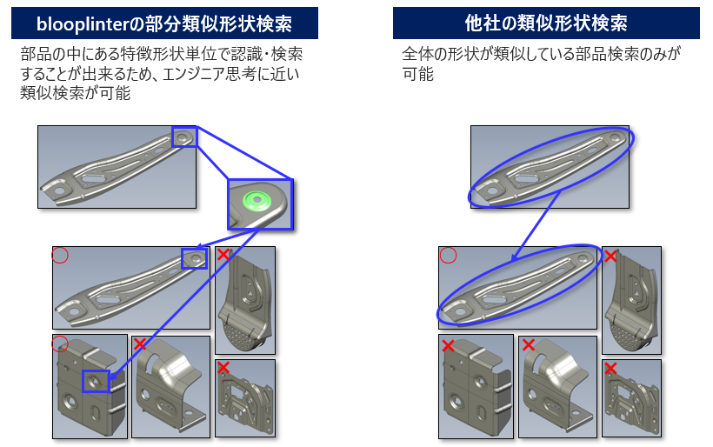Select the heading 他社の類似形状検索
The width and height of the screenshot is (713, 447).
(546, 23)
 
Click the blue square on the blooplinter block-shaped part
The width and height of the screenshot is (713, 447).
(96, 380)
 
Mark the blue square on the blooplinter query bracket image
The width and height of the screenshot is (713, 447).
(184, 137)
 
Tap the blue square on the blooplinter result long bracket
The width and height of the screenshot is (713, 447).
(195, 257)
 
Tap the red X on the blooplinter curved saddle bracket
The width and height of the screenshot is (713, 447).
(139, 344)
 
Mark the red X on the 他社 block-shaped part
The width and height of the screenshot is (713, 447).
(448, 346)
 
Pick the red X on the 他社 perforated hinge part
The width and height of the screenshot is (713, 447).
(610, 256)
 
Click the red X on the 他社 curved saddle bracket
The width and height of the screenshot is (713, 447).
(527, 345)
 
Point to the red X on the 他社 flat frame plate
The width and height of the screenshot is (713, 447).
(610, 368)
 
